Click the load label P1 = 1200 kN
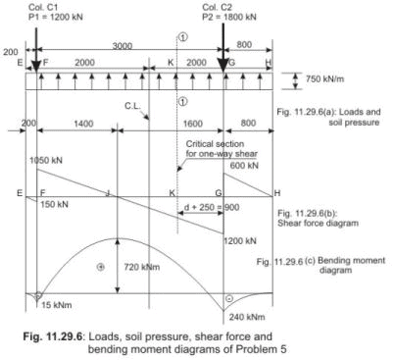[x=40, y=17]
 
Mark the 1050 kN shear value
[x=47, y=159]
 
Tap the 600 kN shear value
[x=246, y=165]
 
